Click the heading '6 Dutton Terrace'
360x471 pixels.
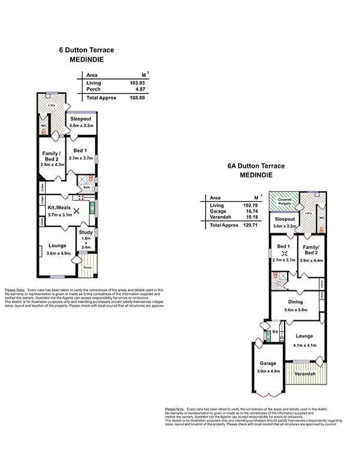click(87, 50)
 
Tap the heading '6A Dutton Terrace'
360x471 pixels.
click(256, 166)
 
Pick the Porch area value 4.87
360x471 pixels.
click(138, 90)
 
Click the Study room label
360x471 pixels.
click(86, 233)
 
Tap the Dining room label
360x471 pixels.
click(296, 302)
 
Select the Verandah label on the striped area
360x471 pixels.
click(306, 374)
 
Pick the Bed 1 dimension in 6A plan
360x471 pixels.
click(284, 260)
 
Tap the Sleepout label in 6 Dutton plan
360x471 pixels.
click(81, 119)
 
